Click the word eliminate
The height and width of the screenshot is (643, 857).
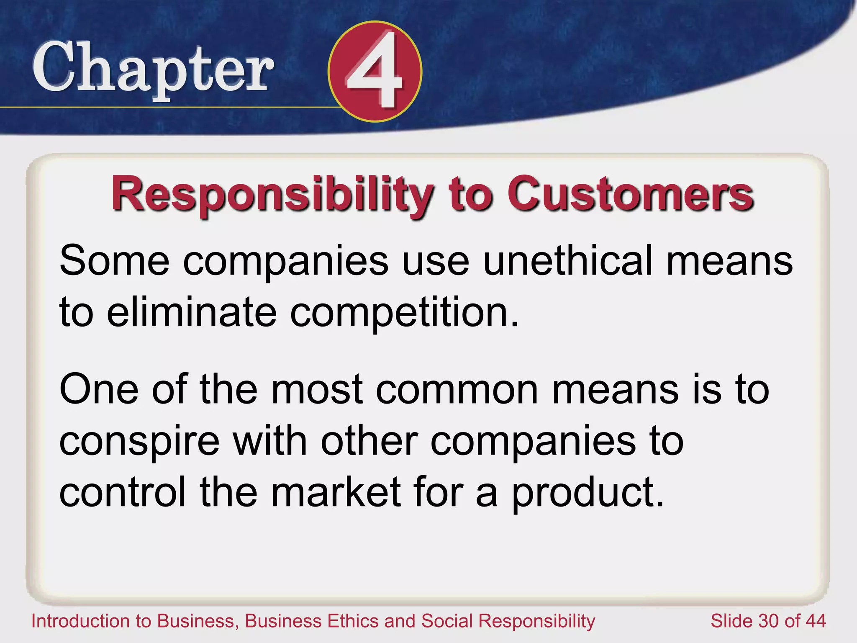pyautogui.click(x=192, y=312)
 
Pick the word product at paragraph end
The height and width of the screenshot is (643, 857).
pyautogui.click(x=588, y=493)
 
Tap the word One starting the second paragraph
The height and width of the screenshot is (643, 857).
pyautogui.click(x=99, y=390)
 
